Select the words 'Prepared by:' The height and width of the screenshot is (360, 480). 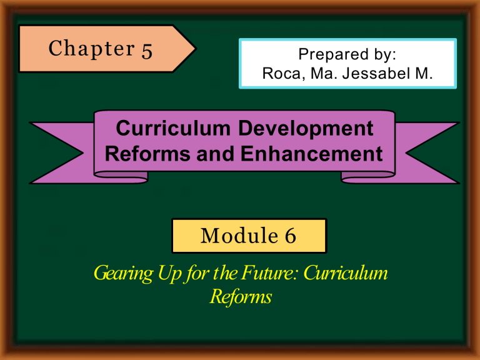click(x=347, y=55)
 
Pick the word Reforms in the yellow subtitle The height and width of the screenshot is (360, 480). click(x=240, y=296)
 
